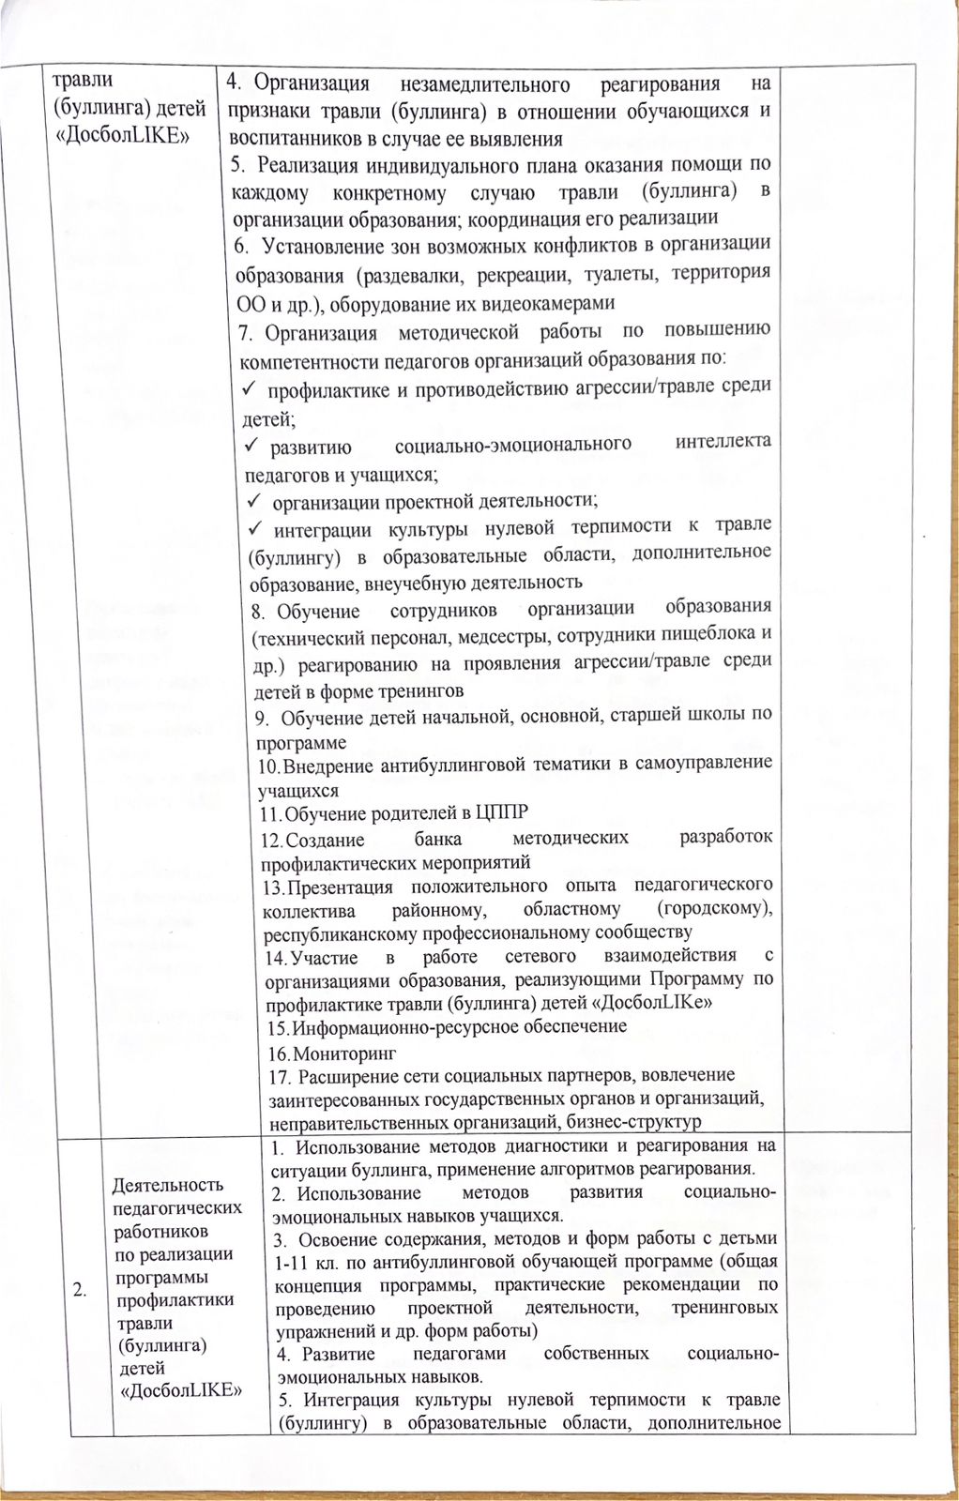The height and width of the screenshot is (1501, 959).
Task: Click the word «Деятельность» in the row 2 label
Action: [168, 1185]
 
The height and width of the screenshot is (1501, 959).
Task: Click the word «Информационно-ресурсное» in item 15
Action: [392, 1026]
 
